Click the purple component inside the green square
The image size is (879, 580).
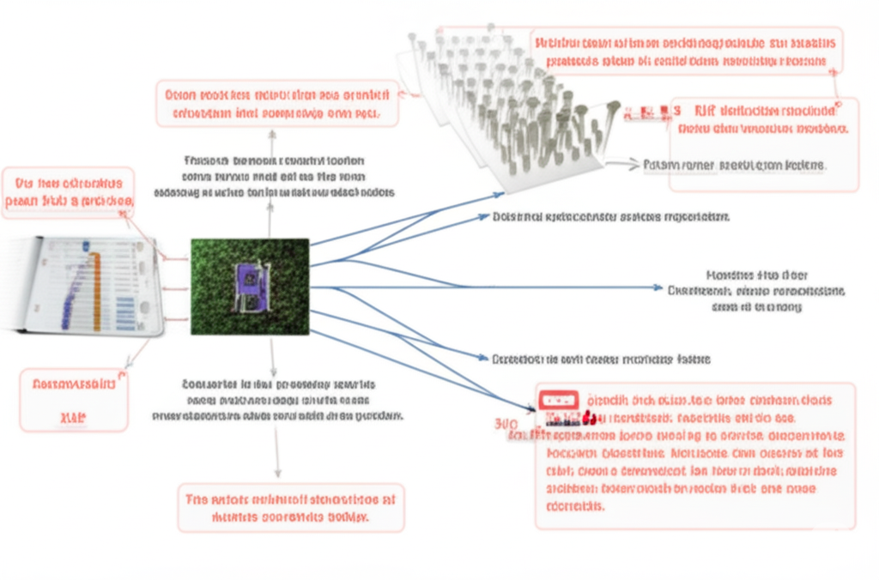pos(247,286)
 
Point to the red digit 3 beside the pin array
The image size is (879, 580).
pos(677,111)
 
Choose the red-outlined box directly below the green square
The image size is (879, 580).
pos(291,507)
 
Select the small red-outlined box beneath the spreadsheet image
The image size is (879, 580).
pos(74,400)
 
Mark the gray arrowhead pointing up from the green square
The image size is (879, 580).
pos(271,135)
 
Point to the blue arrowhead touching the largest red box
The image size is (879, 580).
pos(530,407)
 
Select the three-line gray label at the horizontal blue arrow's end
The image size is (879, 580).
pos(756,291)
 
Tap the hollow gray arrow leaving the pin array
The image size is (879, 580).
pos(622,163)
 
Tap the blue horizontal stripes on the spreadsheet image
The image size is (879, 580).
pos(124,309)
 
